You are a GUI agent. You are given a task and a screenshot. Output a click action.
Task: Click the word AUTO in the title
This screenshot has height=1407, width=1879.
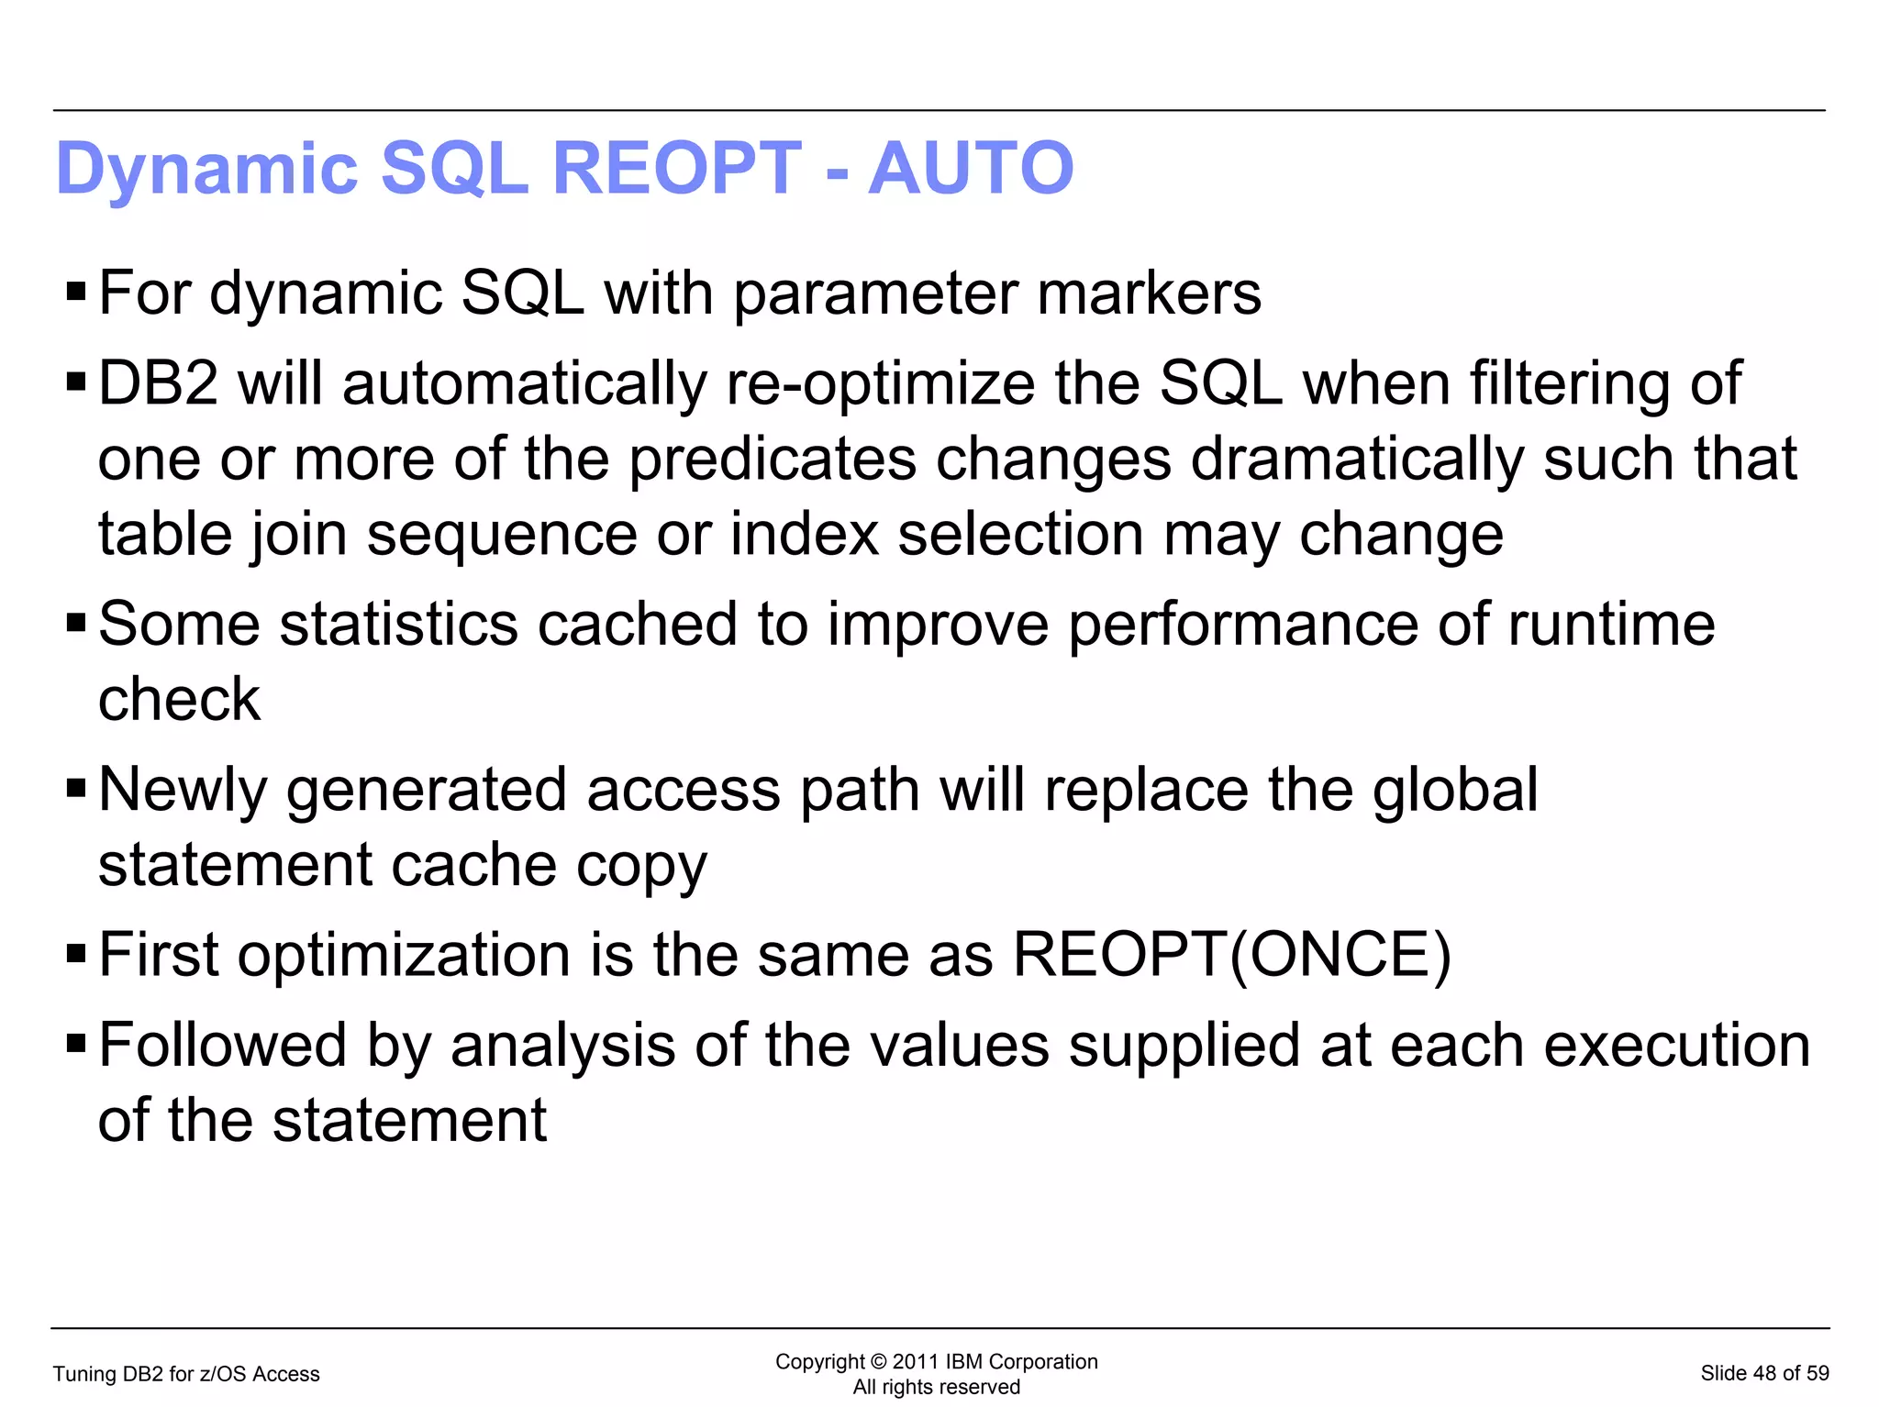point(971,169)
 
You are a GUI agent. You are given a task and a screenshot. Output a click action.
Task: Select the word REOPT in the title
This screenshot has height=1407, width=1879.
point(677,169)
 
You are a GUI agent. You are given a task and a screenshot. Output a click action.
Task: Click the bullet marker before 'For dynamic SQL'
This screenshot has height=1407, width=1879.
point(76,294)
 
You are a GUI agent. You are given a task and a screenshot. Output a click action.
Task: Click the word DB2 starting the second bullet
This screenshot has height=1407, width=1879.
point(158,383)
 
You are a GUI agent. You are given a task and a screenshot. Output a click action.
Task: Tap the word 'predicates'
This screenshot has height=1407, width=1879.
point(772,460)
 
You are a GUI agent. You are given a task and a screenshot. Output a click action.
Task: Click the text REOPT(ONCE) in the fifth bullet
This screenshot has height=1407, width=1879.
point(1231,956)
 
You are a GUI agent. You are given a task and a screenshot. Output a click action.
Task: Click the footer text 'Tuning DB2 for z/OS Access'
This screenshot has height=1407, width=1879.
point(186,1374)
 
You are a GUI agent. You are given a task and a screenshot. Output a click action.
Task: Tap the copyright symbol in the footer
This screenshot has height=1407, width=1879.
point(877,1362)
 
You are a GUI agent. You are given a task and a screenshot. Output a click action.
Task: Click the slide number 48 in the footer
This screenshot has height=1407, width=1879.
point(1763,1374)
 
